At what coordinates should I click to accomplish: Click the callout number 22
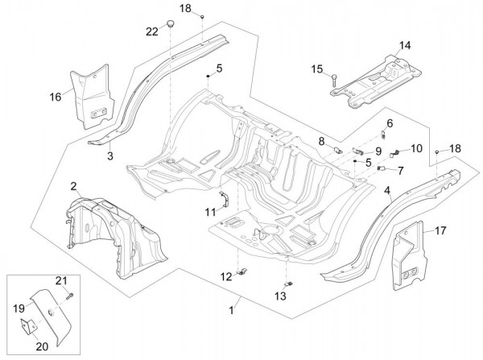tap(151, 31)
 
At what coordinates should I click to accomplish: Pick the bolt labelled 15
tap(332, 78)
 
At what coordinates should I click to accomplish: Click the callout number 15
tap(316, 69)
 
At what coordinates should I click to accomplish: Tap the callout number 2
tap(73, 186)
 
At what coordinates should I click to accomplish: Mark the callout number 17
tap(441, 231)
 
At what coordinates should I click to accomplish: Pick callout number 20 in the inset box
tap(43, 346)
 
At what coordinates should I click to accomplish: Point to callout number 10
tap(394, 148)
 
